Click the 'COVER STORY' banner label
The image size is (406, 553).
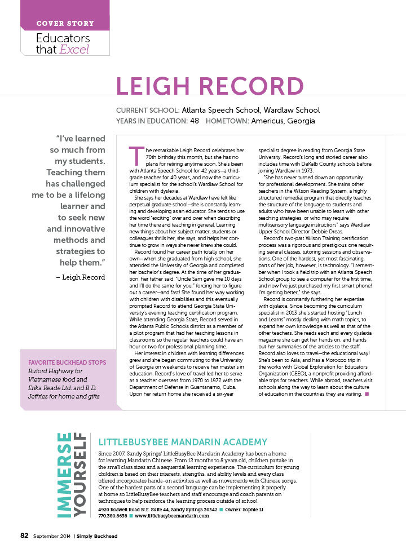pos(65,24)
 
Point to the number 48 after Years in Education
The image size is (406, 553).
pos(195,121)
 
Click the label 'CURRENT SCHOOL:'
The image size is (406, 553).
pos(148,110)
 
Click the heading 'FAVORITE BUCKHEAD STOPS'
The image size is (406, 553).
pos(65,362)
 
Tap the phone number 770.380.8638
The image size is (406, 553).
pos(113,516)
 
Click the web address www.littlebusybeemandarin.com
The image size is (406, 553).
pos(168,516)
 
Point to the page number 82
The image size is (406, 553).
pos(24,536)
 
